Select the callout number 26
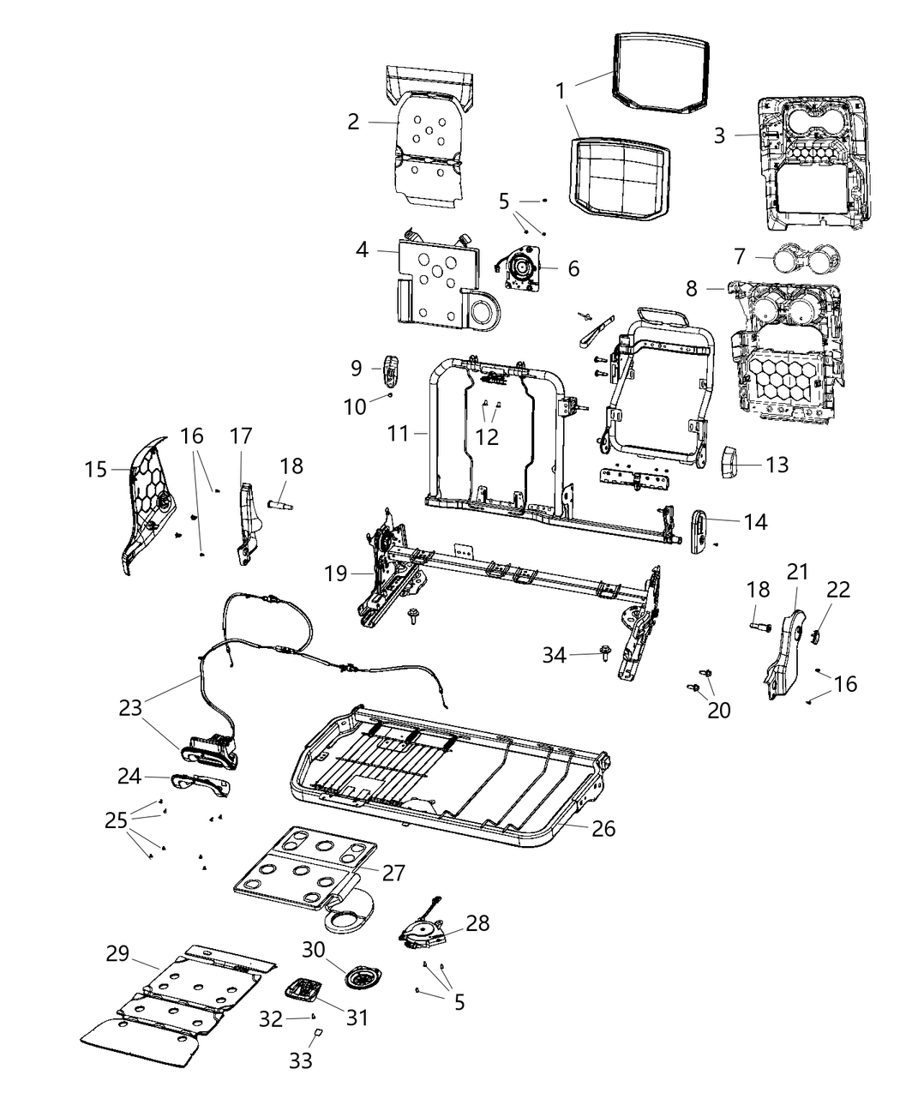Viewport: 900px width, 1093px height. pos(603,828)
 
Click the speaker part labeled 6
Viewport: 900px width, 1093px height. pos(519,267)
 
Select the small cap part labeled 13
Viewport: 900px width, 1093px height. pos(728,464)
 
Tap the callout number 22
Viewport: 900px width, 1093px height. pos(838,590)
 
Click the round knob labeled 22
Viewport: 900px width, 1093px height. pos(815,635)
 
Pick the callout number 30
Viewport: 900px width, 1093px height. pos(314,950)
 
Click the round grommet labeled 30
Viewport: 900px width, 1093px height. pos(359,978)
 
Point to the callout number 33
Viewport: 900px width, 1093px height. pos(300,1060)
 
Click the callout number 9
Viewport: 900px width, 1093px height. pos(357,369)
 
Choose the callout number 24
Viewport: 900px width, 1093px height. pos(129,776)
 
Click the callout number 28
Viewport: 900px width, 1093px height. pos(477,922)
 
